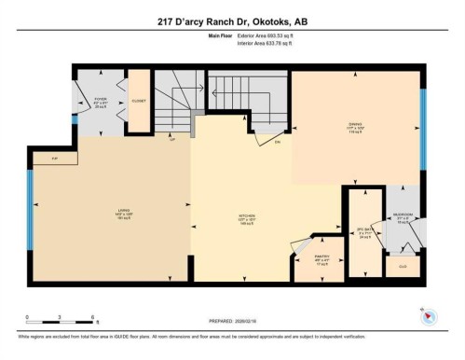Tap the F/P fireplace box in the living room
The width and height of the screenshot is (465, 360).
point(55,159)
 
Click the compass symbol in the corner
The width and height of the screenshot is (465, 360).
point(428,315)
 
